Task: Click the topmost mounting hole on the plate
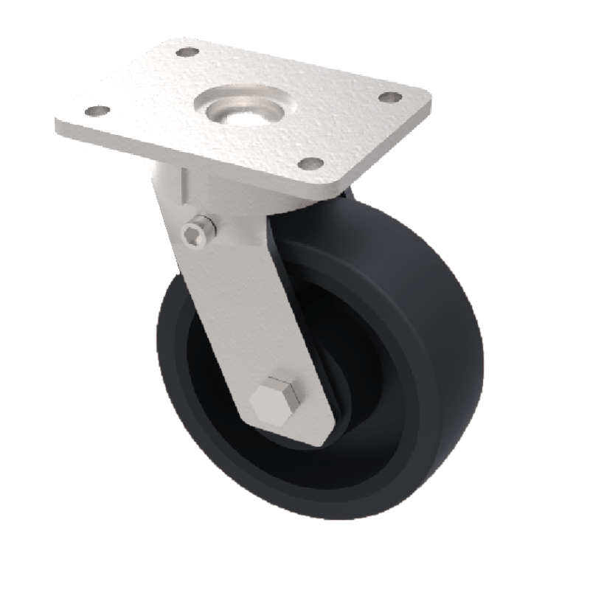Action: pyautogui.click(x=188, y=52)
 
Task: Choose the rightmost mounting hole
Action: pyautogui.click(x=389, y=97)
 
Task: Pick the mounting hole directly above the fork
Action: pyautogui.click(x=310, y=164)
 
